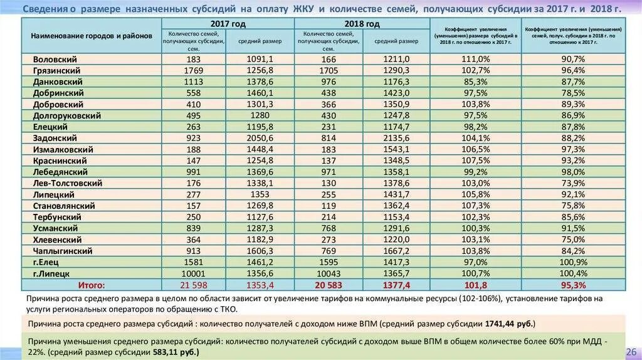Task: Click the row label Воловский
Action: point(55,59)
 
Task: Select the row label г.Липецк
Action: point(51,273)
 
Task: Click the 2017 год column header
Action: point(228,23)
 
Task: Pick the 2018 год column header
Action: point(362,23)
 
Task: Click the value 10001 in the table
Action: point(192,273)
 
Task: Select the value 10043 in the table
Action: point(328,273)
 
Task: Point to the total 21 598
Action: point(192,285)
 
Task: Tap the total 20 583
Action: point(328,285)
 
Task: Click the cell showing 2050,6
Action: point(260,138)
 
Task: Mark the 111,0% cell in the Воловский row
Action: point(475,59)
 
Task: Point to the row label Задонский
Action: point(55,138)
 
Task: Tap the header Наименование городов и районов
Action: point(92,36)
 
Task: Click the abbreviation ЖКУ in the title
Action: point(303,9)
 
